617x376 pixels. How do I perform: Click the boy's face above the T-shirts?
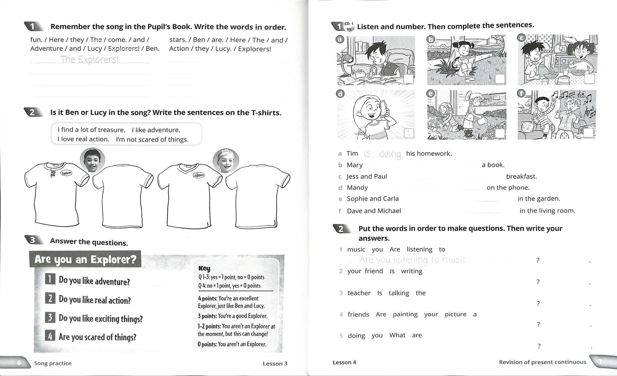pos(92,160)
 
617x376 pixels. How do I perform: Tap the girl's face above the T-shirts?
pos(226,160)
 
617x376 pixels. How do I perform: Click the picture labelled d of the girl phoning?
pos(376,114)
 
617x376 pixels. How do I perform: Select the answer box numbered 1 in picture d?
pos(409,134)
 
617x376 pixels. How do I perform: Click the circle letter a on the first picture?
pos(340,39)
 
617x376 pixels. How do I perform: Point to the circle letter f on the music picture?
pos(521,93)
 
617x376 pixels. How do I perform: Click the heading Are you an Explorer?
pos(85,259)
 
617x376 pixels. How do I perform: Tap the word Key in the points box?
pos(204,268)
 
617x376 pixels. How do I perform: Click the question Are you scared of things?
pos(97,337)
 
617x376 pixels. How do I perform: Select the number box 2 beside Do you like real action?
pos(50,298)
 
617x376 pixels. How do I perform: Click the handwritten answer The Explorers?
pos(89,59)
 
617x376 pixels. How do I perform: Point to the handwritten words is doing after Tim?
pos(383,154)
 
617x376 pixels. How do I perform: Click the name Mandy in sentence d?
pos(357,188)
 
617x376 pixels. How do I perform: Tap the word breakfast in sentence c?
pos(521,176)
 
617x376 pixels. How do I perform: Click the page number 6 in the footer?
pos(19,363)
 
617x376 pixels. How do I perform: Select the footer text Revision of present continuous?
pos(542,362)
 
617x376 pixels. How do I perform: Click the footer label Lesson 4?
pos(344,362)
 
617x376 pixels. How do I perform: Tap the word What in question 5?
pos(397,335)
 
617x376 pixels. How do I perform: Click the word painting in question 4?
pos(405,314)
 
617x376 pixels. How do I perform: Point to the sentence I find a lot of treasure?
pos(91,130)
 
